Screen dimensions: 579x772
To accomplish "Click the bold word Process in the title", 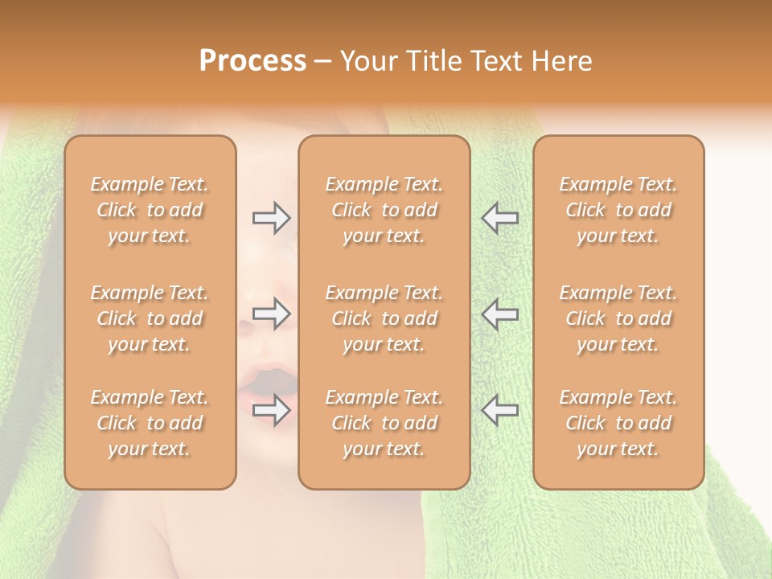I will (253, 61).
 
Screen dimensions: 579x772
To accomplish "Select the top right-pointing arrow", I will (272, 217).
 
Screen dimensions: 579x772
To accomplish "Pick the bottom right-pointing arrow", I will (272, 410).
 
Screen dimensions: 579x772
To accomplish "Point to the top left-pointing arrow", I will (499, 217).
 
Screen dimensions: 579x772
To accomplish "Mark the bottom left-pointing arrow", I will (499, 410).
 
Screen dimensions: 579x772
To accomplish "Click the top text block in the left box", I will (150, 210).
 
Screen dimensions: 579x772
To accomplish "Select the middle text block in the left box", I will (150, 318).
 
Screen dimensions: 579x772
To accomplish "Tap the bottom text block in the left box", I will (150, 423).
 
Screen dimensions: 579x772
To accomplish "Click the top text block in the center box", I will (384, 210).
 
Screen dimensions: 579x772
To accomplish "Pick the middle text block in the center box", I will (384, 318).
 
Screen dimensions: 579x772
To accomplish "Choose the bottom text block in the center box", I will (384, 423).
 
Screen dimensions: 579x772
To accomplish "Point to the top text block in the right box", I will (618, 210).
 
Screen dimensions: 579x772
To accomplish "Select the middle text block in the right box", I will (618, 318).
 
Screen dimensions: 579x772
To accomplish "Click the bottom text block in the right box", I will (618, 423).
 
